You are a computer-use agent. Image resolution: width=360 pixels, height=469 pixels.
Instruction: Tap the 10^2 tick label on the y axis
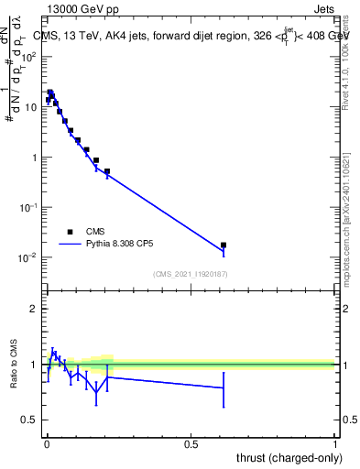pos(29,56)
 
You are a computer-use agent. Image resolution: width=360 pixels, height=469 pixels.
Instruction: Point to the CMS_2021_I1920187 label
pos(191,274)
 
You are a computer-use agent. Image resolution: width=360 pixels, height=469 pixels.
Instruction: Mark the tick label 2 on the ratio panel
pos(33,309)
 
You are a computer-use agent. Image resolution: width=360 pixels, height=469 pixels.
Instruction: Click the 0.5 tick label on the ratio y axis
pos(29,420)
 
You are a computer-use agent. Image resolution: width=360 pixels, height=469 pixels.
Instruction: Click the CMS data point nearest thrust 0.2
pos(107,171)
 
